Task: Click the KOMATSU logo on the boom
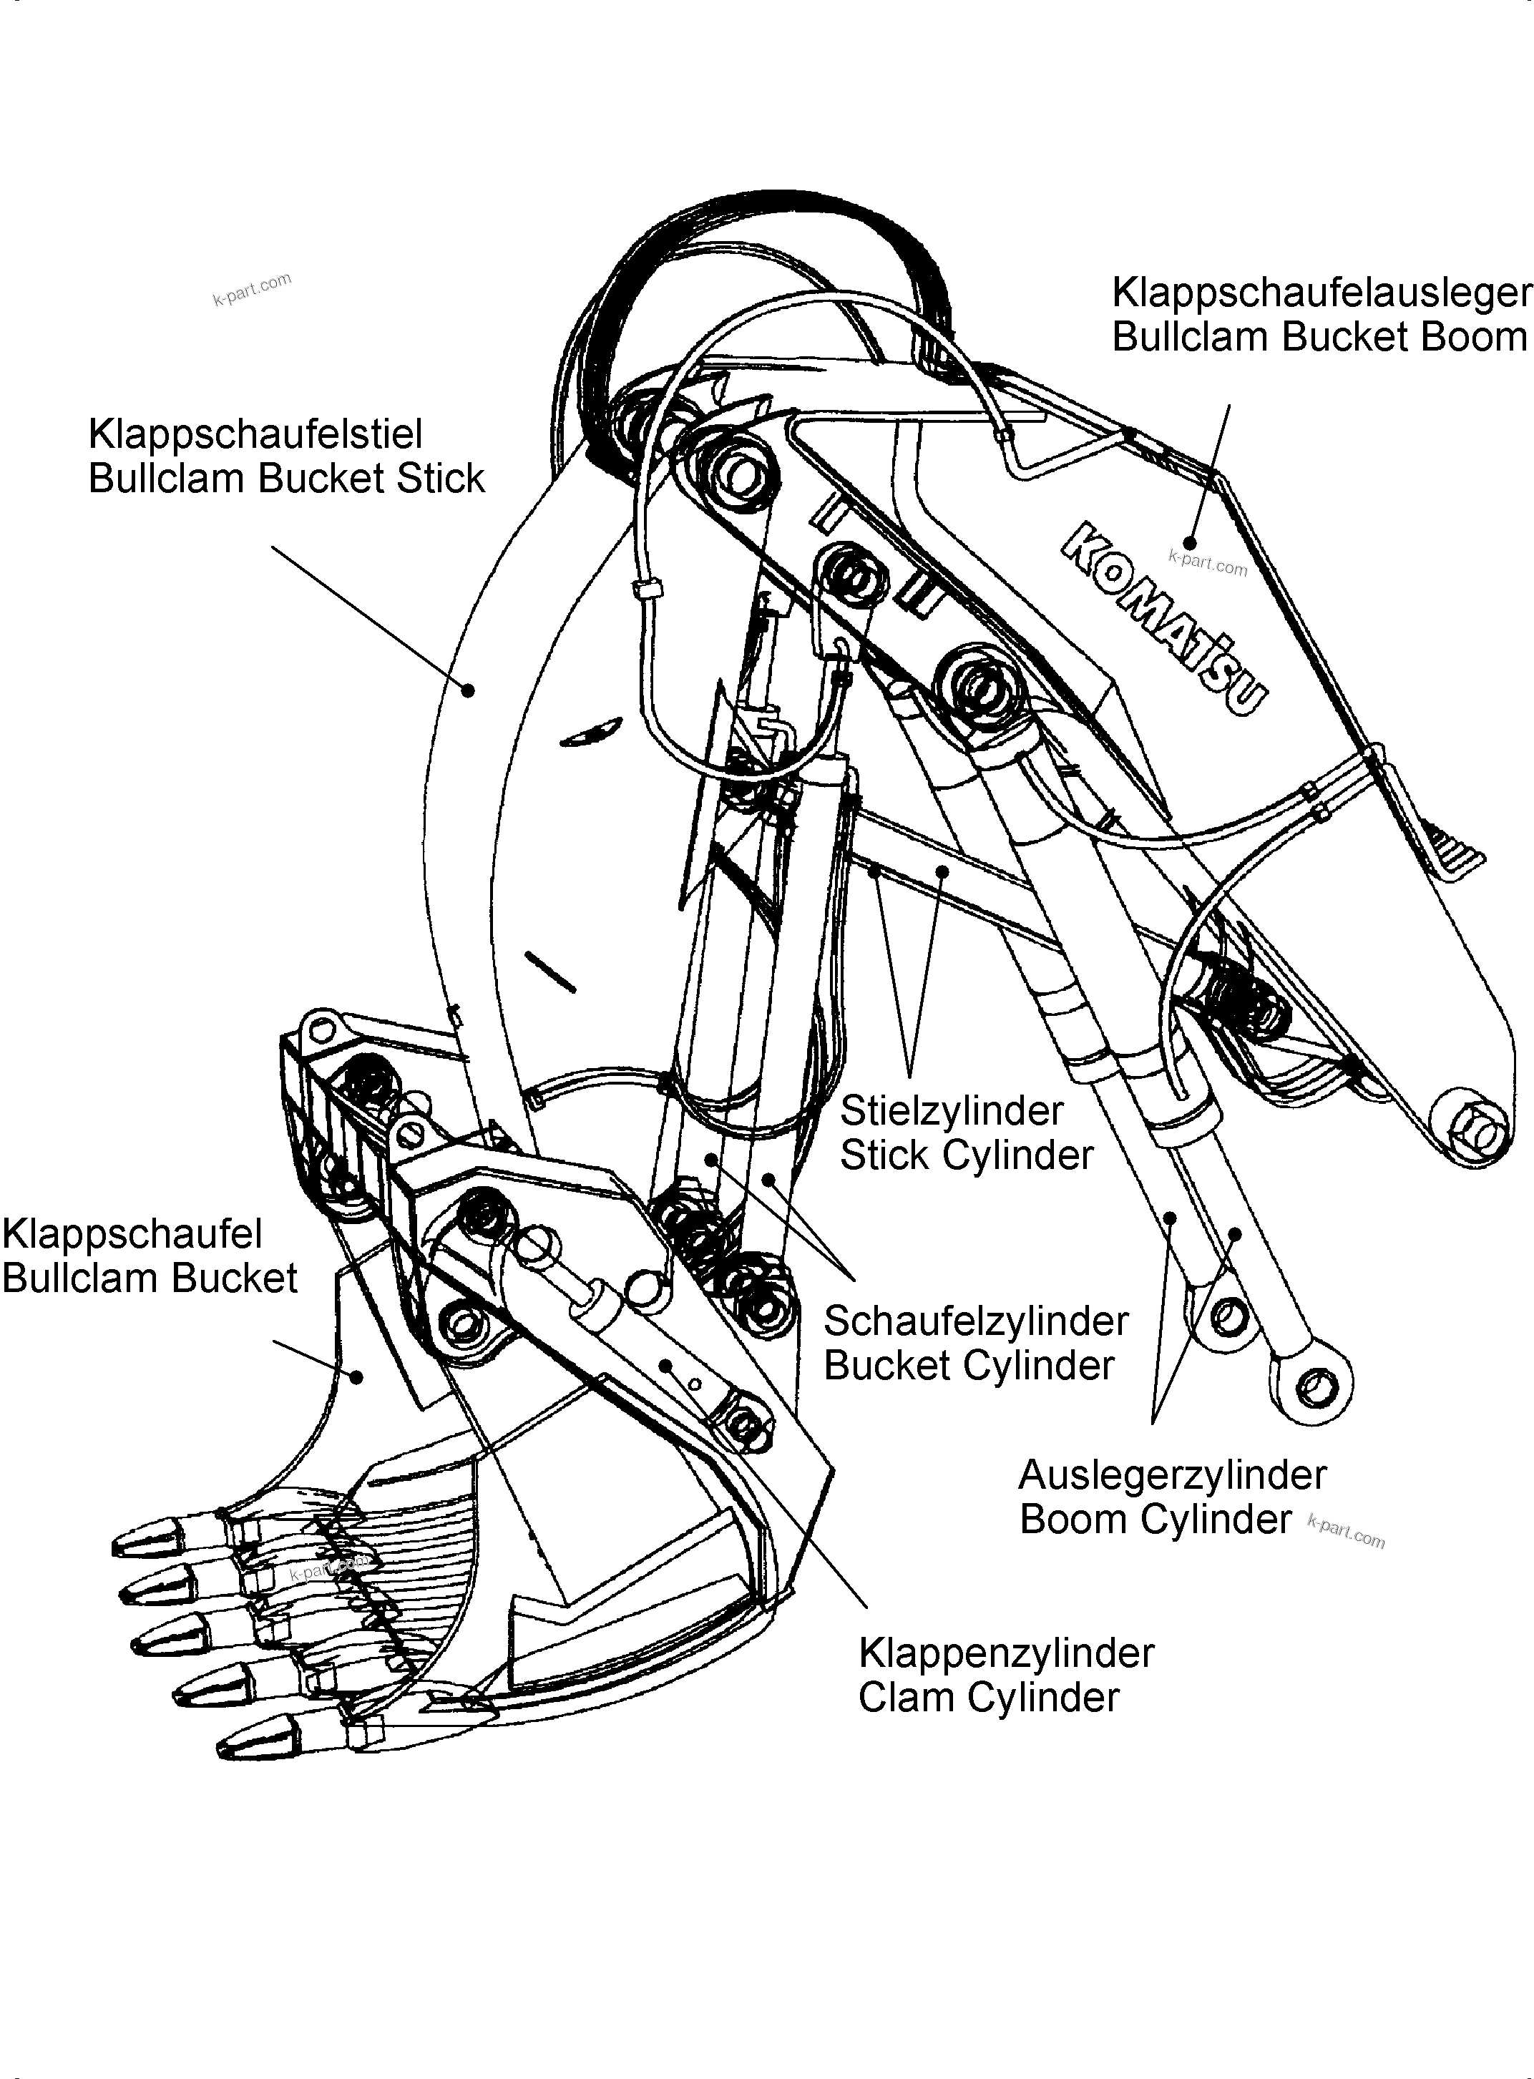pos(1166,618)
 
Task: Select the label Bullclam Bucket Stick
pos(286,478)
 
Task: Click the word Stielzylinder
pos(951,1110)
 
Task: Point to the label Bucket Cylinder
pos(969,1365)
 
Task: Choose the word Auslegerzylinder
pos(1172,1474)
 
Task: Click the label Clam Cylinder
pos(988,1698)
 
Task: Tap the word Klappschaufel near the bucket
pos(132,1234)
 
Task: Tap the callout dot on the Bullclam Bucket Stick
pos(470,690)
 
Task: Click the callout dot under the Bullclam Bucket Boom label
pos(1190,542)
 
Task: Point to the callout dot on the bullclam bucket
pos(356,1376)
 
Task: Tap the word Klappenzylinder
pos(1006,1653)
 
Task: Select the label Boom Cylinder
pos(1154,1519)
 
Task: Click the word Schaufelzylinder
pos(975,1321)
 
